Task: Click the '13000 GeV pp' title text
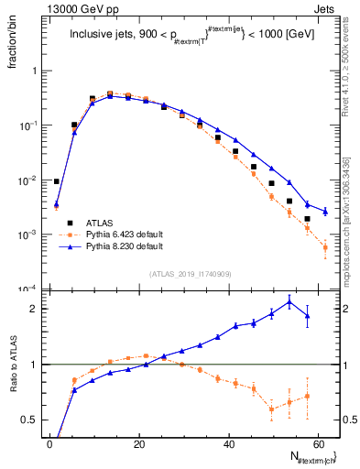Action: pyautogui.click(x=77, y=8)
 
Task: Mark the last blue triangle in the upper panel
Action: pyautogui.click(x=325, y=212)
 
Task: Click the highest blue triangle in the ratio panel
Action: pyautogui.click(x=289, y=301)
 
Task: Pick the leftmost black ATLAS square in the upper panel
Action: pyautogui.click(x=57, y=181)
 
